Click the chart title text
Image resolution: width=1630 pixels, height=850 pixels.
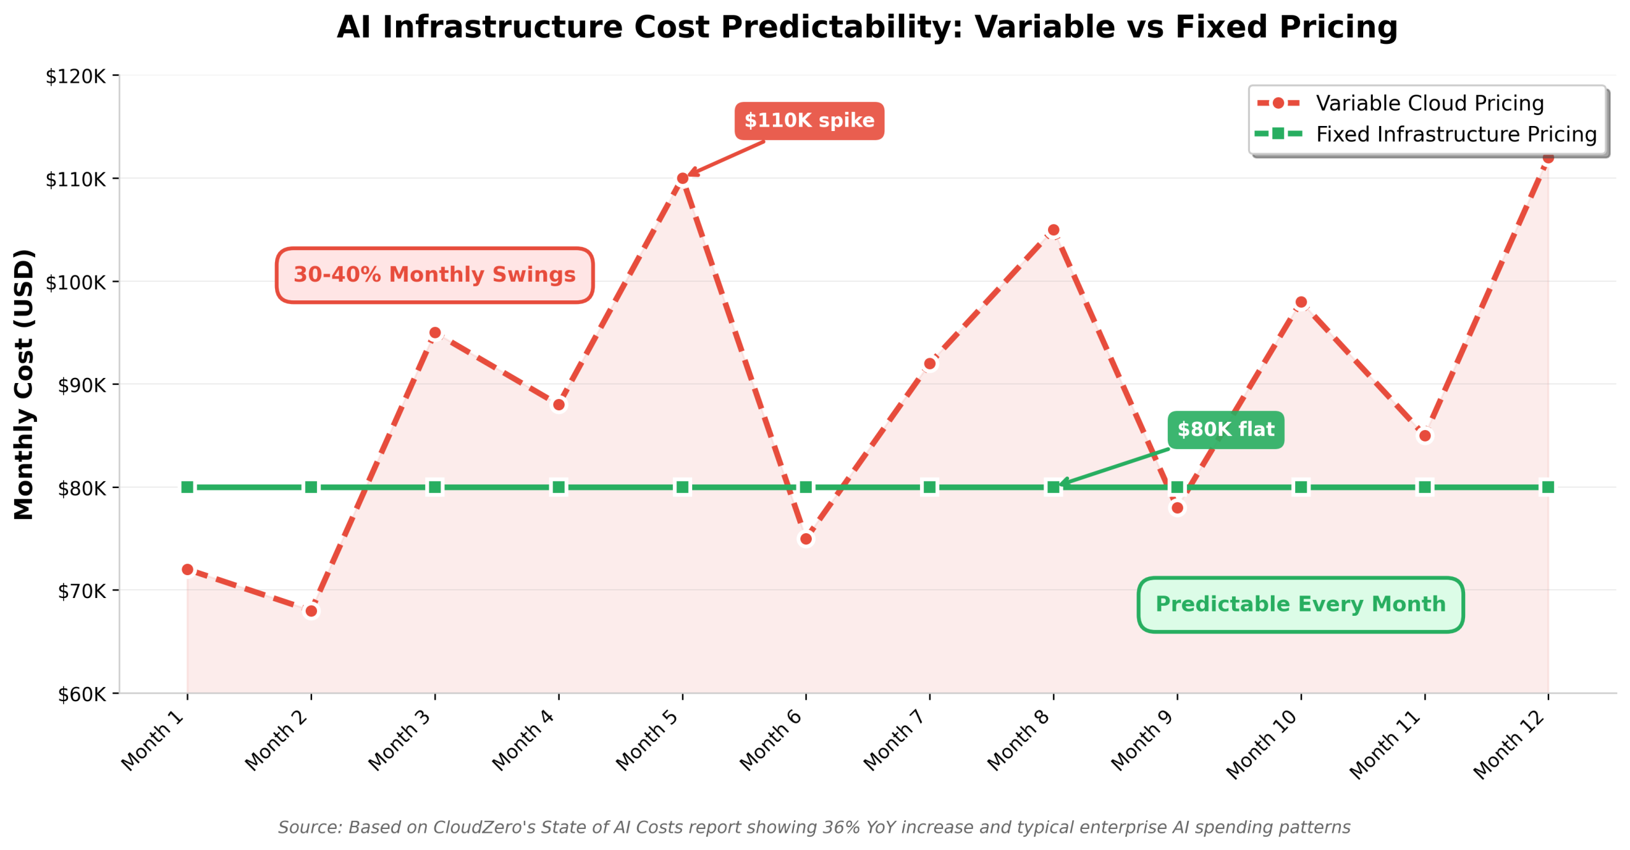pyautogui.click(x=867, y=27)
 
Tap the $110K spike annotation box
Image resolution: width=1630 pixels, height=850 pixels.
pyautogui.click(x=809, y=120)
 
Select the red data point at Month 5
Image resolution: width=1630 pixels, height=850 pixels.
pyautogui.click(x=682, y=178)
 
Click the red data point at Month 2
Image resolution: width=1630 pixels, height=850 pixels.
pyautogui.click(x=311, y=611)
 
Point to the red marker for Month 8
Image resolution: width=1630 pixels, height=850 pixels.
pyautogui.click(x=1053, y=230)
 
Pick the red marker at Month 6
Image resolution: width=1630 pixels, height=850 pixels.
pyautogui.click(x=805, y=539)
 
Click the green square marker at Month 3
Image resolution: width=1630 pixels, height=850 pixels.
pyautogui.click(x=434, y=487)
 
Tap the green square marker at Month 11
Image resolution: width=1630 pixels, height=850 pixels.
pyautogui.click(x=1424, y=487)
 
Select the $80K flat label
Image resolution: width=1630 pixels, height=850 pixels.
pyautogui.click(x=1225, y=429)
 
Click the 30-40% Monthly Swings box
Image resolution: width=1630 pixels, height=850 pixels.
pyautogui.click(x=434, y=275)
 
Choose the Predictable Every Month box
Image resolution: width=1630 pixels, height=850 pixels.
pyautogui.click(x=1300, y=604)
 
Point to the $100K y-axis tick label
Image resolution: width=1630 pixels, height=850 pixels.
pyautogui.click(x=75, y=282)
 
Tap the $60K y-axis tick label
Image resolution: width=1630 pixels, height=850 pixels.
pyautogui.click(x=81, y=694)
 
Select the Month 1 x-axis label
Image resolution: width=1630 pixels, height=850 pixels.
pyautogui.click(x=153, y=741)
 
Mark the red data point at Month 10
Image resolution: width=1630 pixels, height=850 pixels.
pyautogui.click(x=1301, y=302)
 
